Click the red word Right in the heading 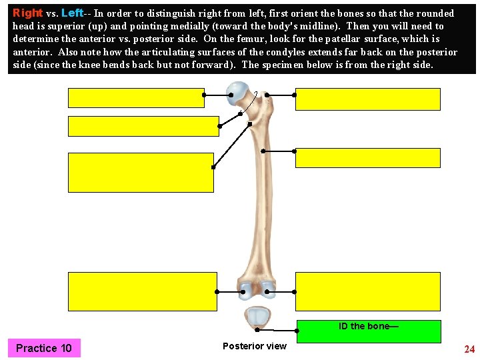click(28, 13)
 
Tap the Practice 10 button click(44, 348)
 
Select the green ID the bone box click(368, 331)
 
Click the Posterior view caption click(255, 346)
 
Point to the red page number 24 click(469, 349)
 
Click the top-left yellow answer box click(135, 97)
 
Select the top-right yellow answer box click(368, 99)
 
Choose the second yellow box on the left click(143, 126)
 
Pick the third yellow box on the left click(141, 172)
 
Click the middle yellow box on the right click(368, 158)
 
